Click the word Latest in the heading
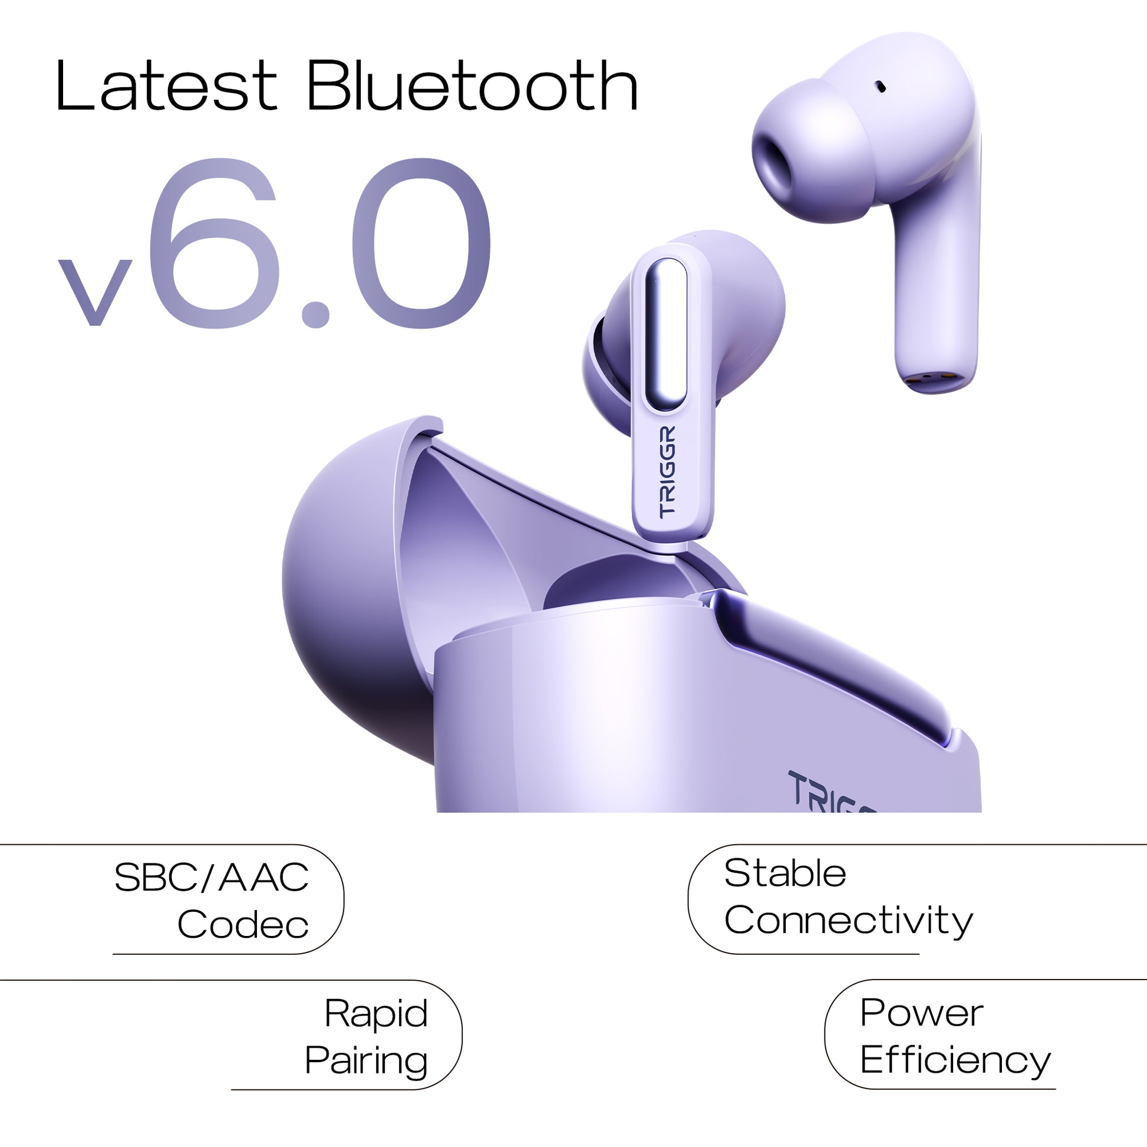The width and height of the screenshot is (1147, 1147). click(166, 85)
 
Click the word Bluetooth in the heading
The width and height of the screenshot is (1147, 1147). click(473, 85)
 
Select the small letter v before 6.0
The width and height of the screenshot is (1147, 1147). click(94, 292)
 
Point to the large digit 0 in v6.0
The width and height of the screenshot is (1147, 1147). click(422, 243)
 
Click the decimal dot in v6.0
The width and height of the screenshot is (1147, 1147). click(315, 314)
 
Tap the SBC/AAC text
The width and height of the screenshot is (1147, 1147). click(212, 878)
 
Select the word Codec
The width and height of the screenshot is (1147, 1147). click(243, 924)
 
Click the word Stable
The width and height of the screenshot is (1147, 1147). click(785, 873)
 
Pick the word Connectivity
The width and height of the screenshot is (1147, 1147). click(848, 922)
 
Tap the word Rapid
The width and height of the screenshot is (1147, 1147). click(376, 1014)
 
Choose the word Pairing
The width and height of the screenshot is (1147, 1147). click(366, 1062)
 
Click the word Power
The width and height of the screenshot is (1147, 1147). click(921, 1013)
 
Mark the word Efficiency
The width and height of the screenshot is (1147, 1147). click(955, 1061)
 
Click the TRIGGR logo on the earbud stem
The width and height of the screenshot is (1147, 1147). click(667, 472)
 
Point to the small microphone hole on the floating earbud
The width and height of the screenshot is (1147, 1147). click(881, 87)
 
